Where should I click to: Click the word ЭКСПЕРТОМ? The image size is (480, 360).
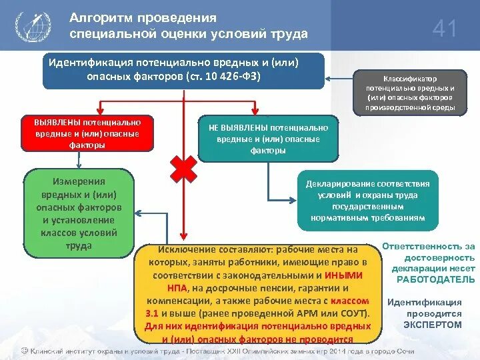pos(432,325)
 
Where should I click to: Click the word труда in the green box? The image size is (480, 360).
pos(79,245)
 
